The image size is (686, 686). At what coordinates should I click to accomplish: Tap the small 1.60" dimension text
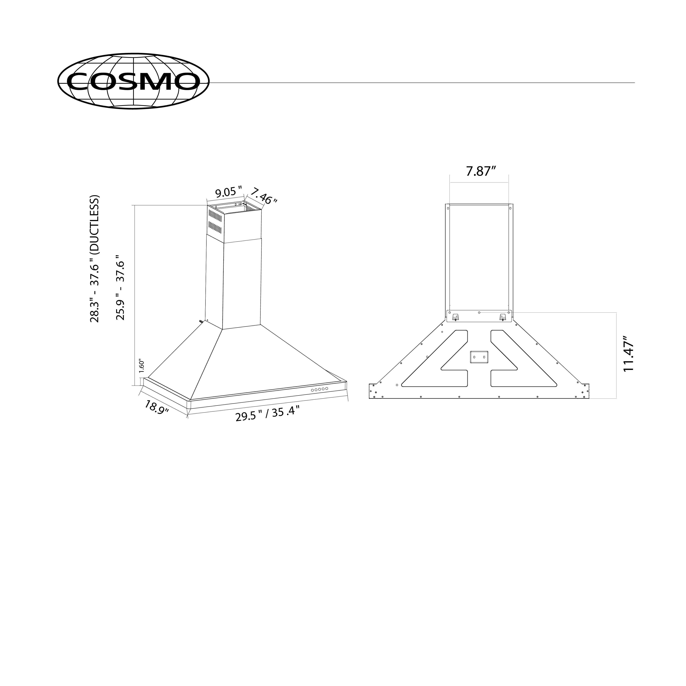pyautogui.click(x=141, y=365)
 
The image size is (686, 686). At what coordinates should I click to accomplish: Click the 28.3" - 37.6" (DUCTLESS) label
pyautogui.click(x=95, y=259)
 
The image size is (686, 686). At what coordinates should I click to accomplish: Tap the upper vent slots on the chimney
pyautogui.click(x=215, y=215)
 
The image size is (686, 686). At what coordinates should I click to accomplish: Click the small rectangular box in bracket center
pyautogui.click(x=479, y=357)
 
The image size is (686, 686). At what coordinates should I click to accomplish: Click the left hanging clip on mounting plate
pyautogui.click(x=455, y=317)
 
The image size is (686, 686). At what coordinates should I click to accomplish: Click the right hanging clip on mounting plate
pyautogui.click(x=502, y=317)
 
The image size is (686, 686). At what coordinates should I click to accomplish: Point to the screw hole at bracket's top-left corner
pyautogui.click(x=448, y=208)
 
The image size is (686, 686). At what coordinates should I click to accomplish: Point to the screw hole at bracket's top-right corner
pyautogui.click(x=510, y=208)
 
